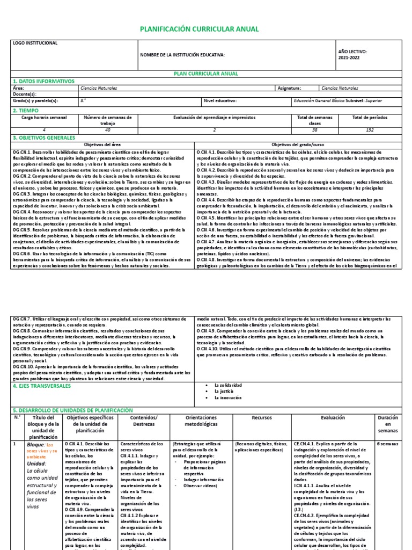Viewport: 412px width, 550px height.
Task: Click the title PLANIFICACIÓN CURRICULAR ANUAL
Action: pyautogui.click(x=199, y=29)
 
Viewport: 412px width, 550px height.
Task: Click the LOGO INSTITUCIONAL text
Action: pyautogui.click(x=35, y=43)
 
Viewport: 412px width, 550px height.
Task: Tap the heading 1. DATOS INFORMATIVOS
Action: pyautogui.click(x=43, y=81)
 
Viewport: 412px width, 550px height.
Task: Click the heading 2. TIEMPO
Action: pyautogui.click(x=26, y=110)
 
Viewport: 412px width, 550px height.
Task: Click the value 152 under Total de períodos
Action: pyautogui.click(x=370, y=131)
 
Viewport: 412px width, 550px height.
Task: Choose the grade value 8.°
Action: pyautogui.click(x=83, y=100)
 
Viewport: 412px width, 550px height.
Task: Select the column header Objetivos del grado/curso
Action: pyautogui.click(x=298, y=145)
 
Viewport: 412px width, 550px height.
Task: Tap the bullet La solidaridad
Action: pyautogui.click(x=227, y=386)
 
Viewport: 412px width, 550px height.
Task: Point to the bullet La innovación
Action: pyautogui.click(x=227, y=398)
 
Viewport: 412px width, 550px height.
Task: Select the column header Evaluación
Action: pyautogui.click(x=333, y=417)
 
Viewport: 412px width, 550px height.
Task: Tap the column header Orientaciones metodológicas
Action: pyautogui.click(x=201, y=421)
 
